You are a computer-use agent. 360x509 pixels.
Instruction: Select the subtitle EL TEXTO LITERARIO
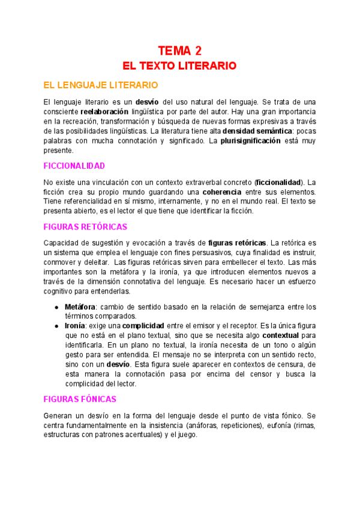tap(179, 65)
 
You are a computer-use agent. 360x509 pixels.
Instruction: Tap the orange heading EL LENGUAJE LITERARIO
tap(101, 85)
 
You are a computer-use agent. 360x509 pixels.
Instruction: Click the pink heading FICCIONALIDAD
tap(74, 165)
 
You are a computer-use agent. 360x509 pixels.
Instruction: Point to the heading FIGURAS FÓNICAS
tap(80, 399)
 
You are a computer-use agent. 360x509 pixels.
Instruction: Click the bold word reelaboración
tap(104, 112)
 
